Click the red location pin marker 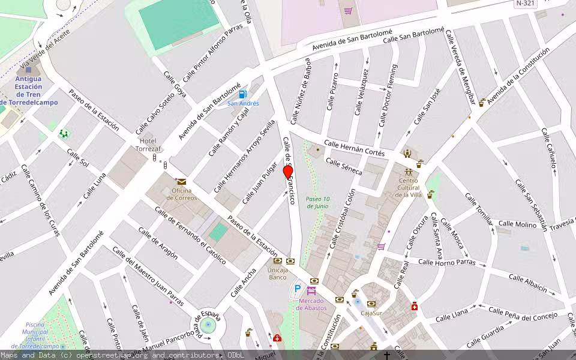(x=288, y=172)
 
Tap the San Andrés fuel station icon (x=242, y=94)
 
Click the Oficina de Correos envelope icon (x=181, y=181)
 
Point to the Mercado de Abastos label (x=311, y=304)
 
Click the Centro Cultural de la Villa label (x=408, y=188)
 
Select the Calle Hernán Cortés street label (x=354, y=148)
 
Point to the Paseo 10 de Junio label (x=317, y=202)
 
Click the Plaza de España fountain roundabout (x=208, y=326)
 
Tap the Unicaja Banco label (x=277, y=274)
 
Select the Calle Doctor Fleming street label (x=388, y=96)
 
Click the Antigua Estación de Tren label (x=29, y=91)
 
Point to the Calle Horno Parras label (x=446, y=262)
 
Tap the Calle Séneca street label (x=344, y=167)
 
